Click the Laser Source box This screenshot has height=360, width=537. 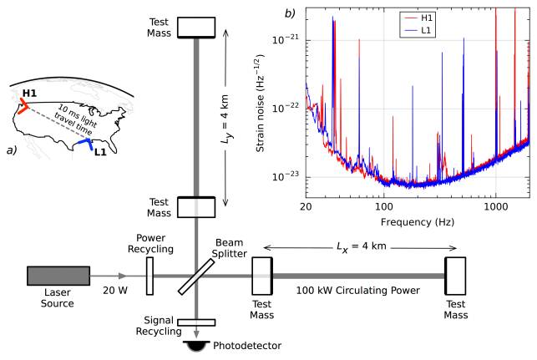coord(58,276)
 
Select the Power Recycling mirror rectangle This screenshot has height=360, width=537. coord(150,276)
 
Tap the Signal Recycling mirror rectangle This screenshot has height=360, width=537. coord(196,322)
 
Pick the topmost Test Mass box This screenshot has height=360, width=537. coord(196,26)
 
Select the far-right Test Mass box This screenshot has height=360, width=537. coord(455,276)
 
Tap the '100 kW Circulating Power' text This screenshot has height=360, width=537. coord(358,289)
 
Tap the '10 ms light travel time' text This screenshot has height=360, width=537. coord(67,125)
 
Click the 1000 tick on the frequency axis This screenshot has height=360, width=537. coord(496,204)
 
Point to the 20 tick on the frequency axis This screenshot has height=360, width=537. coord(306,204)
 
